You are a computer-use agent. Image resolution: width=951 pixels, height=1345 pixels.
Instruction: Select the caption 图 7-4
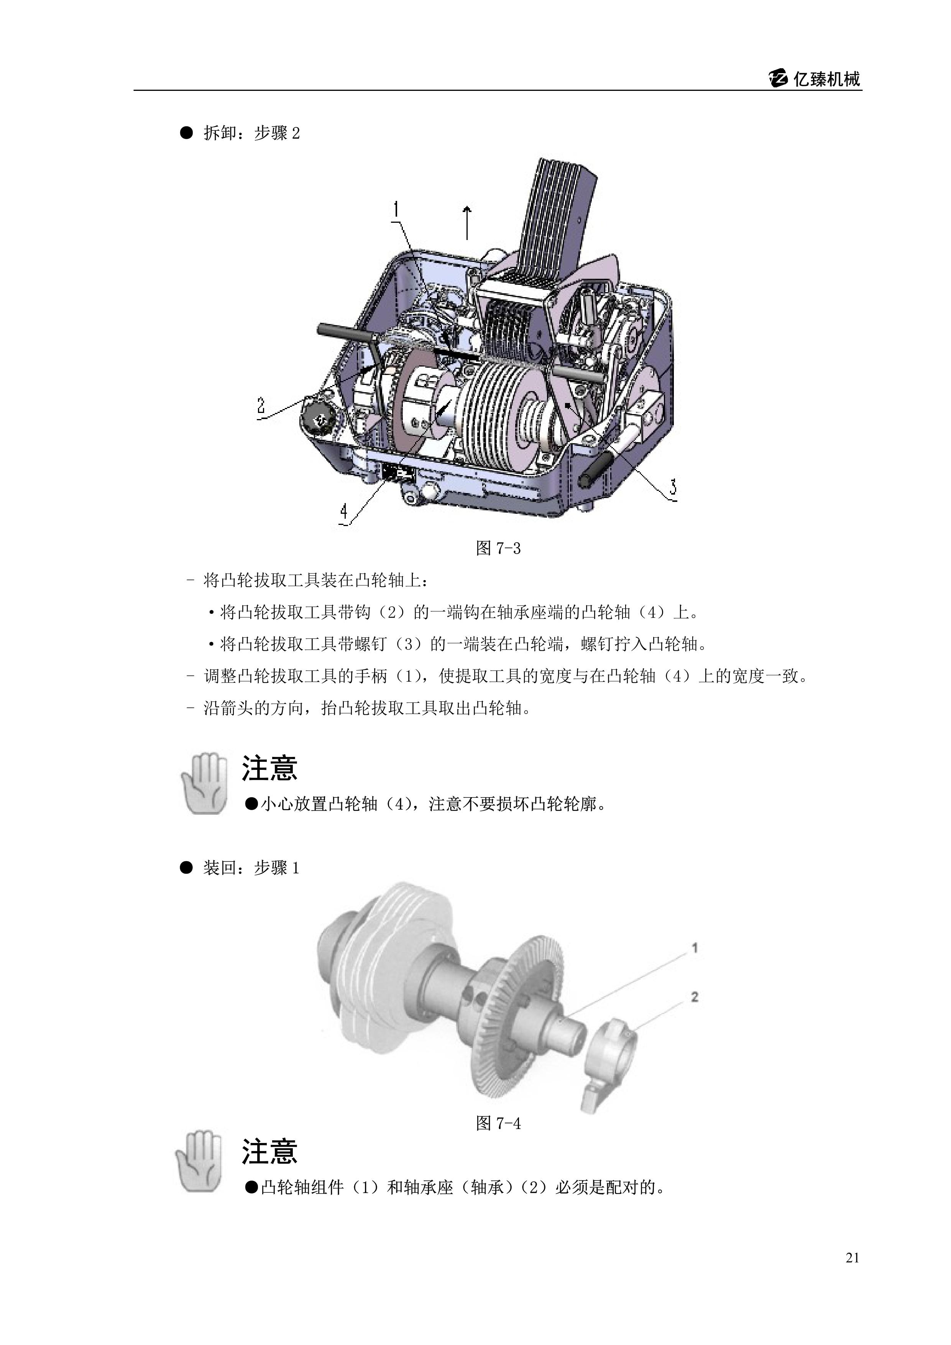(x=498, y=1123)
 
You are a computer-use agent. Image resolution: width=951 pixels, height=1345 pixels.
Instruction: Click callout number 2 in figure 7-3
(x=261, y=405)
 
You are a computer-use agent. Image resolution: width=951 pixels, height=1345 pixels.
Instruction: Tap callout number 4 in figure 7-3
(x=344, y=512)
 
